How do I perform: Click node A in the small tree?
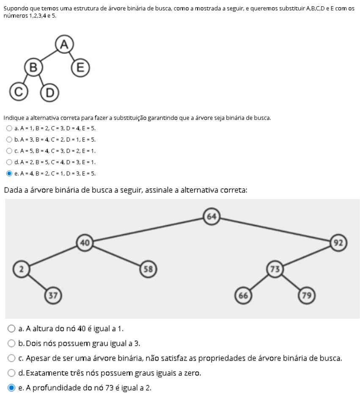coord(64,44)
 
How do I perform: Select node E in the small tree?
coord(80,68)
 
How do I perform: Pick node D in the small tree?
coord(49,92)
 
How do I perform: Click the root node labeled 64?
coord(212,217)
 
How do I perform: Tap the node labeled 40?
coord(85,243)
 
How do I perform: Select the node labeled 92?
coord(338,243)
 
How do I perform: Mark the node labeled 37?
coord(53,295)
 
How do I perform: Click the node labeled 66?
coord(243,295)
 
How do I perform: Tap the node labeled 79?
coord(307,295)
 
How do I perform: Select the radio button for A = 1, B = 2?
coord(9,128)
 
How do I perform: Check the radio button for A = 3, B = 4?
coord(9,140)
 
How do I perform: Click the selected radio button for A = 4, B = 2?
coord(9,173)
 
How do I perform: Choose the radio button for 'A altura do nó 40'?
coord(12,329)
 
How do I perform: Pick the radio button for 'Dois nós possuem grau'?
coord(12,343)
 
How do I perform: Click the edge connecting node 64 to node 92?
coord(275,230)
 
